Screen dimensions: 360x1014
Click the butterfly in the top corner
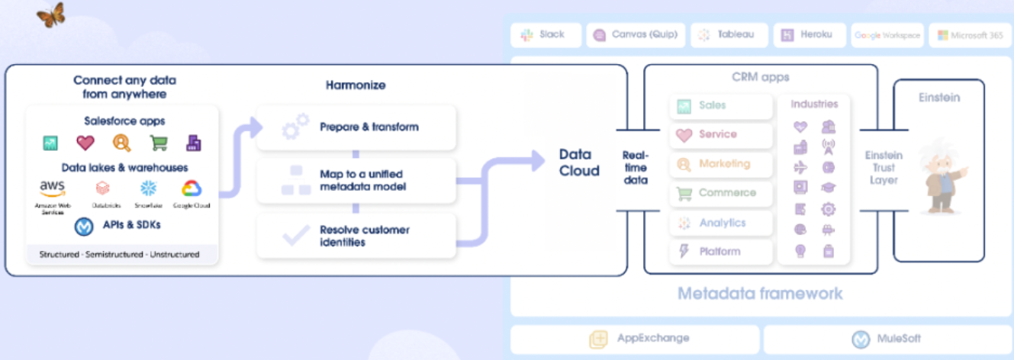pos(50,14)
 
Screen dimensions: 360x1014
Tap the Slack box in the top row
pos(545,35)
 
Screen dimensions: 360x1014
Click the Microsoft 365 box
pos(970,35)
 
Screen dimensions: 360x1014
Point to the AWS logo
pos(52,188)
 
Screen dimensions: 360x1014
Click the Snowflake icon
pos(147,188)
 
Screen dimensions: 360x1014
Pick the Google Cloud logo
pos(191,188)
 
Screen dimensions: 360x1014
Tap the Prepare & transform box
pos(356,127)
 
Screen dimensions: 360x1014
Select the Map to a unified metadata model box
pos(356,181)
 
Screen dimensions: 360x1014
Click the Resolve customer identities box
pos(356,236)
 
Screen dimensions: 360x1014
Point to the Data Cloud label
pos(579,162)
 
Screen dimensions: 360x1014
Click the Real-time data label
pos(635,167)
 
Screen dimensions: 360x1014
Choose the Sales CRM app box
pos(720,106)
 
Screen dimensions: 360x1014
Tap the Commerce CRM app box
pos(720,193)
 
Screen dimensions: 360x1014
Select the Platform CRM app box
pos(720,251)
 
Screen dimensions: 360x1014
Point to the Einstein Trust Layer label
pos(884,168)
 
